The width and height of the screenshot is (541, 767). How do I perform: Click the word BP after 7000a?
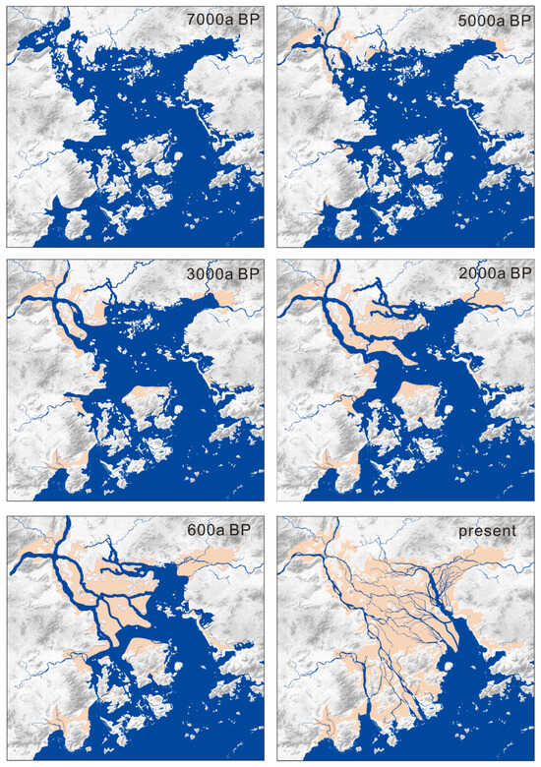click(x=247, y=19)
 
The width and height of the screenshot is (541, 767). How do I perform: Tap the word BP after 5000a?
click(x=517, y=19)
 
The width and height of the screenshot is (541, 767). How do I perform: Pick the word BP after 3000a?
click(x=247, y=272)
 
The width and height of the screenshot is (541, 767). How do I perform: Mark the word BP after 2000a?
click(x=517, y=272)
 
